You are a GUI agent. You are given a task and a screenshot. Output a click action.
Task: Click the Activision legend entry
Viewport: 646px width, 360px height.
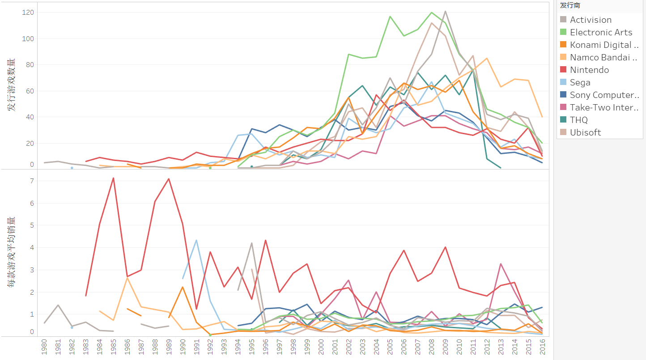coord(591,20)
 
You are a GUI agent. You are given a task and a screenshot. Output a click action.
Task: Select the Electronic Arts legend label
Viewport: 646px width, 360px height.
coord(601,32)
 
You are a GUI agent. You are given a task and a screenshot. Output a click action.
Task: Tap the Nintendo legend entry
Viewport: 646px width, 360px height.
coord(589,70)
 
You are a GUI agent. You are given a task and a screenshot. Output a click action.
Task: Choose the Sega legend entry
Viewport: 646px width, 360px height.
coord(580,82)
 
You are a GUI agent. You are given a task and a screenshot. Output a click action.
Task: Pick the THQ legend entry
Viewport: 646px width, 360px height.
coord(579,120)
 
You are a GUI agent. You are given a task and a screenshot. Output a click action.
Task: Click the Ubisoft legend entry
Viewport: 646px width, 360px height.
coord(585,132)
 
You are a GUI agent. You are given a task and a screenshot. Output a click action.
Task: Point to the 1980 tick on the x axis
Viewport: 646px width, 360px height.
coord(44,347)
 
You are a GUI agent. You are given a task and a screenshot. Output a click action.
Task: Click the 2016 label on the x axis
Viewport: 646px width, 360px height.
coord(543,347)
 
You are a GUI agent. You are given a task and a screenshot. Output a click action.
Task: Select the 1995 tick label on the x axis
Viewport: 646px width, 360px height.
coord(252,347)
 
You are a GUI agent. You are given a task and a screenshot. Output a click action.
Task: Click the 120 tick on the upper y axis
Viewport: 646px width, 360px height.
coord(28,13)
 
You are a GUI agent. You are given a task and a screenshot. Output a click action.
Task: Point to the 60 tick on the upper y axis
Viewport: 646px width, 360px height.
coord(30,91)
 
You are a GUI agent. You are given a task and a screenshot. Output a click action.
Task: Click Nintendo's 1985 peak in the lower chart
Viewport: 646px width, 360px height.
coord(113,178)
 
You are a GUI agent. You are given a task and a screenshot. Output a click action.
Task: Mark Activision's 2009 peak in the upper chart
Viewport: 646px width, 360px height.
coord(446,11)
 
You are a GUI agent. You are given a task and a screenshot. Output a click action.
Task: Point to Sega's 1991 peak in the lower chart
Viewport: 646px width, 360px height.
coord(196,240)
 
